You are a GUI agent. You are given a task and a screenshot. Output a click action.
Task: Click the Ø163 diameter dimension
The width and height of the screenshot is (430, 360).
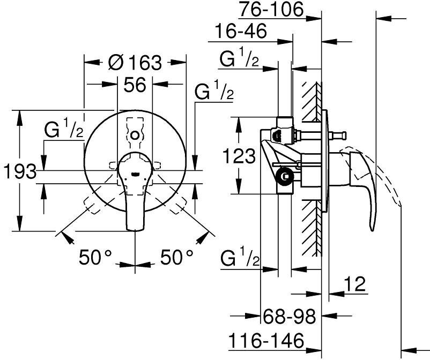(x=134, y=63)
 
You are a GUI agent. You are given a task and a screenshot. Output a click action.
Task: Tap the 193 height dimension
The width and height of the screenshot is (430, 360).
(x=19, y=172)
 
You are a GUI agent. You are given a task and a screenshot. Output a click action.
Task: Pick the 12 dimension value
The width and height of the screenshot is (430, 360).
(x=354, y=284)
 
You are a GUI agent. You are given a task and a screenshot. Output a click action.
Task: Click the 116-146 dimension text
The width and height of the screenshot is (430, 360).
(x=266, y=340)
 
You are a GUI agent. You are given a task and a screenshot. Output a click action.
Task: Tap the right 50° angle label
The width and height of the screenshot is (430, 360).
(x=176, y=258)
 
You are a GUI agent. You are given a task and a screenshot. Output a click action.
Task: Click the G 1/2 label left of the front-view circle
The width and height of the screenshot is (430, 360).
(x=64, y=130)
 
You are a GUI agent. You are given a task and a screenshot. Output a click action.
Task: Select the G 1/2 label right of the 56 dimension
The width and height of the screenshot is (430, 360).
(x=214, y=92)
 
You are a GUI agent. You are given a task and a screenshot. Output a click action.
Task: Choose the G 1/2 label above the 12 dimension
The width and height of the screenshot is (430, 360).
(x=240, y=260)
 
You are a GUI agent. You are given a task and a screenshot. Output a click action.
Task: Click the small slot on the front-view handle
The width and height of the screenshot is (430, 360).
(x=136, y=174)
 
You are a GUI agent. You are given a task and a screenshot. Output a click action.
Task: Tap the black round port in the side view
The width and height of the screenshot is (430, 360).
(x=286, y=175)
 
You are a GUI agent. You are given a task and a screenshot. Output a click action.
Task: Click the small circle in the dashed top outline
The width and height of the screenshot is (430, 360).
(x=135, y=134)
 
